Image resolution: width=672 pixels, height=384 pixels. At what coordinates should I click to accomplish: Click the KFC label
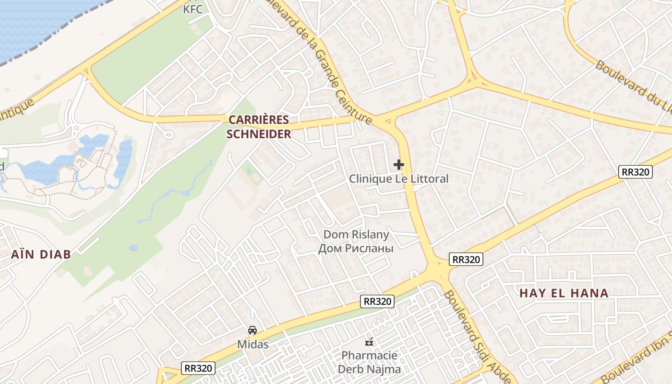click(193, 9)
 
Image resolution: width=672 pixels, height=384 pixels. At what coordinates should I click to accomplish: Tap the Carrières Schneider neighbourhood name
click(259, 127)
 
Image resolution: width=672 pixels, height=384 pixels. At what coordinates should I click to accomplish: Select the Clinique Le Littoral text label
click(398, 179)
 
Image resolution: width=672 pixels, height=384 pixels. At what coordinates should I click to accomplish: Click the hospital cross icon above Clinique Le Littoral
click(398, 165)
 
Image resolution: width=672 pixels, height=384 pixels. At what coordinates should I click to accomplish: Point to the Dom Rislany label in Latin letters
click(356, 235)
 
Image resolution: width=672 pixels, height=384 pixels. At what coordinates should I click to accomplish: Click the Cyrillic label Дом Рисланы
click(356, 248)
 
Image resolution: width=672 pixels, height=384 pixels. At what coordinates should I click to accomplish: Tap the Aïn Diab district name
click(41, 254)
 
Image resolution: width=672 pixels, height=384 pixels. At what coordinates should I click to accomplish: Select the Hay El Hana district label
click(564, 293)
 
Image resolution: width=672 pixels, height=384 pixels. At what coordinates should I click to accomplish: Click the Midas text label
click(252, 345)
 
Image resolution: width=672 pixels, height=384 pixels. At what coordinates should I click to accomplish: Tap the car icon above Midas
click(252, 330)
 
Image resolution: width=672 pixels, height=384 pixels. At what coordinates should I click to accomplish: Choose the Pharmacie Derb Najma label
click(369, 362)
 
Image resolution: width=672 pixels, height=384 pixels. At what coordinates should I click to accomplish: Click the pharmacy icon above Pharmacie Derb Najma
click(369, 342)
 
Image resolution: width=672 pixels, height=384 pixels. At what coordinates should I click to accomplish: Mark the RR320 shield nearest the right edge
click(636, 172)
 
